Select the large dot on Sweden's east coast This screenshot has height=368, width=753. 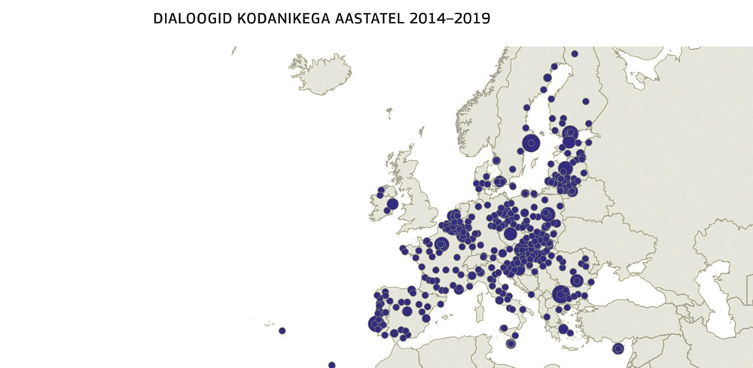click(532, 142)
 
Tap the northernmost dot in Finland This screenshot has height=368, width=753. click(574, 53)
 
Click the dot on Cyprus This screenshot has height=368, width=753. click(618, 348)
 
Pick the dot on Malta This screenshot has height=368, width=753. click(511, 344)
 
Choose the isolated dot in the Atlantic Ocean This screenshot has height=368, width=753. click(282, 330)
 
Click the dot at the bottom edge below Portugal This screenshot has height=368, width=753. click(331, 365)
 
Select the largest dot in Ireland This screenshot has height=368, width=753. click(392, 204)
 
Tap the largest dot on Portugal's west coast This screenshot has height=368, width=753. click(376, 324)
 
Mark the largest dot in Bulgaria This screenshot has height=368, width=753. click(560, 294)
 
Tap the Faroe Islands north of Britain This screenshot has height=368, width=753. click(389, 113)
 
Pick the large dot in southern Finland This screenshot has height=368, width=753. click(570, 133)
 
